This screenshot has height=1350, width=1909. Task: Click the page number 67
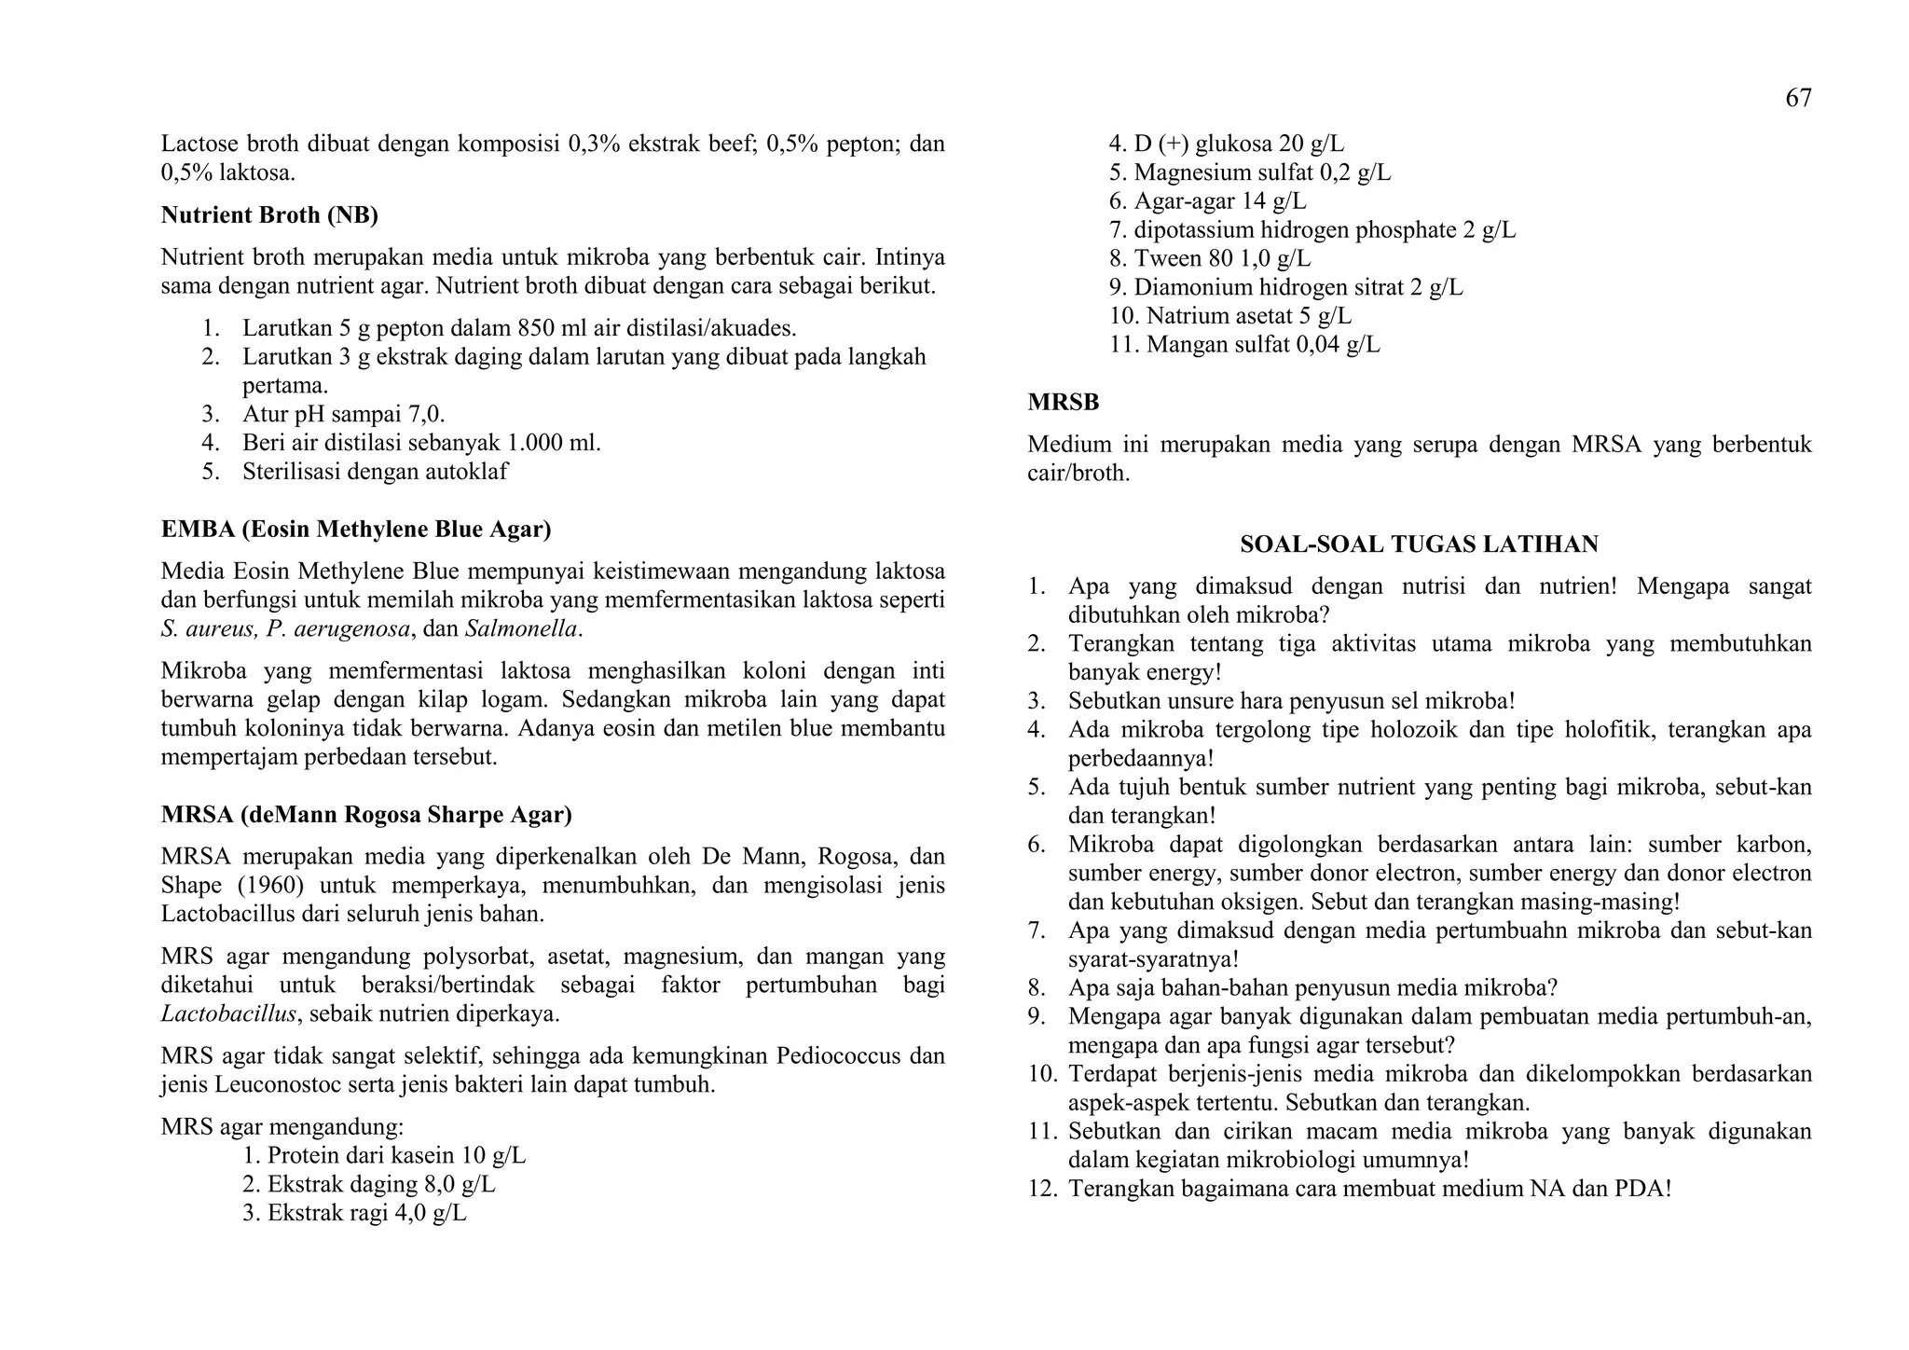point(1798,98)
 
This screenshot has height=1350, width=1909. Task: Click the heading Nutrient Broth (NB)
point(269,215)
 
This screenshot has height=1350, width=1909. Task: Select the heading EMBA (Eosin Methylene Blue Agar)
point(355,530)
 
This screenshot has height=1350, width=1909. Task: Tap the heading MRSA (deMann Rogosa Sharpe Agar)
point(365,815)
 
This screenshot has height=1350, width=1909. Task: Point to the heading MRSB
point(1063,403)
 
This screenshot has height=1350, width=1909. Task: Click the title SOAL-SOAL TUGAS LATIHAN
point(1419,544)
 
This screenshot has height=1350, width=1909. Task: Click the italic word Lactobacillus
point(228,1014)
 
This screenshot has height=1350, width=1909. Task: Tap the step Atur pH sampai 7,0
point(343,414)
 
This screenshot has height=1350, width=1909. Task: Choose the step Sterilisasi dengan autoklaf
point(375,472)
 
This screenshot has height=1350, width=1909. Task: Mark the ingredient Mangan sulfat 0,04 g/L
point(1244,345)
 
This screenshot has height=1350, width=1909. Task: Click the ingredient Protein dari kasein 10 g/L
point(383,1156)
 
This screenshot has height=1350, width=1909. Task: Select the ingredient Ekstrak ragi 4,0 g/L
point(354,1214)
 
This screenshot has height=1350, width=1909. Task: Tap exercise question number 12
point(1349,1190)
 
